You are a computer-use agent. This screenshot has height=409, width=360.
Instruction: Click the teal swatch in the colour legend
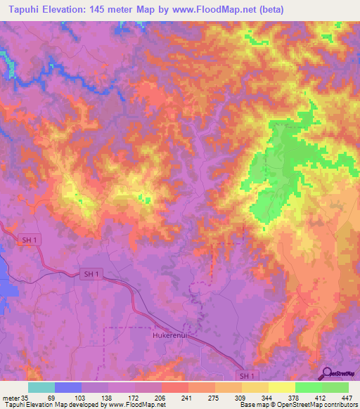41,388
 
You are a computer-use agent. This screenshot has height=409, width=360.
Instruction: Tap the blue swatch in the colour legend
68,388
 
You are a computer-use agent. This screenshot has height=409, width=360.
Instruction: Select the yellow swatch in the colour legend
282,388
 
